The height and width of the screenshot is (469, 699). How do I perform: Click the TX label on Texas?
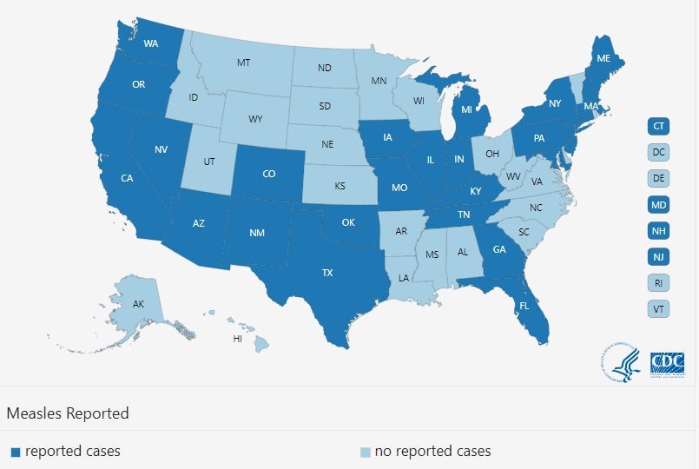(327, 273)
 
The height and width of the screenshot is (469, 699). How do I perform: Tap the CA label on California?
(127, 179)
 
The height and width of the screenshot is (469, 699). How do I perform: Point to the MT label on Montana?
(244, 63)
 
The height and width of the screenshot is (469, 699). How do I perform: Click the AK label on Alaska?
(139, 305)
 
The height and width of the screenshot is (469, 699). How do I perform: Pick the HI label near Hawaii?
(237, 338)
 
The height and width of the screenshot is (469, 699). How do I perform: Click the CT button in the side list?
(659, 127)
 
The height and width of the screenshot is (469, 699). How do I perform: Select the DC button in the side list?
(659, 153)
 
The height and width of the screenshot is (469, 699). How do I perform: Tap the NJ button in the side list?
(659, 256)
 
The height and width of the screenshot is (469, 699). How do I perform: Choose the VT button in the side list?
(659, 308)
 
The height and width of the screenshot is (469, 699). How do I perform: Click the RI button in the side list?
(659, 282)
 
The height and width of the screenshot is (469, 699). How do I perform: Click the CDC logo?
(668, 363)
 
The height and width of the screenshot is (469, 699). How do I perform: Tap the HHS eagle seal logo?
(621, 363)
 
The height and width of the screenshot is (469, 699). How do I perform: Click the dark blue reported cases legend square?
(15, 452)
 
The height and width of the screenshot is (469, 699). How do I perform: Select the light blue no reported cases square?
(366, 452)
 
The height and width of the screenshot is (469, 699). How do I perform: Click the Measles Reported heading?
(68, 413)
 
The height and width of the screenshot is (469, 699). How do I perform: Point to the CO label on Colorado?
(269, 174)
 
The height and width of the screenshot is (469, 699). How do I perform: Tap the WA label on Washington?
(150, 43)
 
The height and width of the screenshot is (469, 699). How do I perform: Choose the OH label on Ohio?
(492, 154)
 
